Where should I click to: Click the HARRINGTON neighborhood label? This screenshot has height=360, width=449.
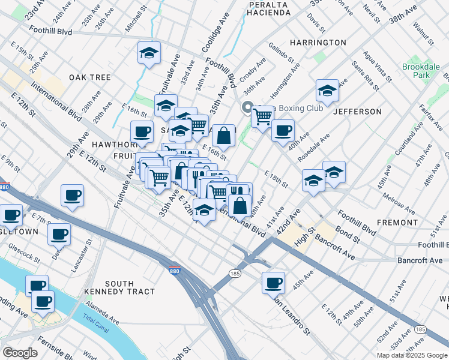click(318, 43)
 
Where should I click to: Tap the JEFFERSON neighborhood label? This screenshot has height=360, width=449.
click(357, 112)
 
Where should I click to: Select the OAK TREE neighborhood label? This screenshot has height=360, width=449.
click(89, 77)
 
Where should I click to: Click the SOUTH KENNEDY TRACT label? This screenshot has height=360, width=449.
click(130, 287)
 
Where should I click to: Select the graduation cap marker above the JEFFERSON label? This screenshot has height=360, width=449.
click(327, 91)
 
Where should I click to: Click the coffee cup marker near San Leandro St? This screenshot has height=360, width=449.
click(273, 283)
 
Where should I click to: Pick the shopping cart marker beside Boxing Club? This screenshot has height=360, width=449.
click(262, 116)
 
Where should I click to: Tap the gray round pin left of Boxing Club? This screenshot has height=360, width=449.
click(247, 108)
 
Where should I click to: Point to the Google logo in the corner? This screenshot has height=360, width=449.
click(20, 353)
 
